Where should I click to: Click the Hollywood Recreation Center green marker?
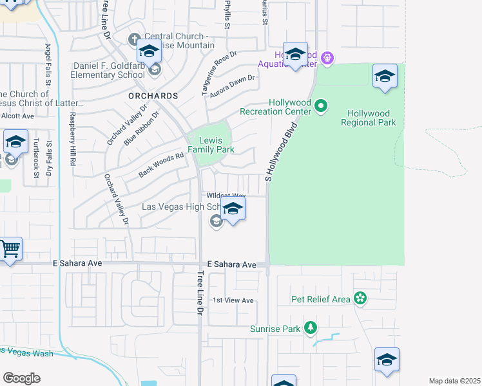(x=321, y=107)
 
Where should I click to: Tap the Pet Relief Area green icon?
(x=360, y=299)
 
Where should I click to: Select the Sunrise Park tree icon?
(x=311, y=328)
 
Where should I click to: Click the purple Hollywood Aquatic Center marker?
(x=327, y=59)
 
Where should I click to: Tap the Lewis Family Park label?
(x=211, y=145)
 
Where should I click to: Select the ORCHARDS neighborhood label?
(x=153, y=96)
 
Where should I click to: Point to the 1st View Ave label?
(x=233, y=300)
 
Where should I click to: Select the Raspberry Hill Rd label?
(x=73, y=140)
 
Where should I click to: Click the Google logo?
(x=21, y=378)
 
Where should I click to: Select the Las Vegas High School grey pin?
(x=217, y=222)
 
